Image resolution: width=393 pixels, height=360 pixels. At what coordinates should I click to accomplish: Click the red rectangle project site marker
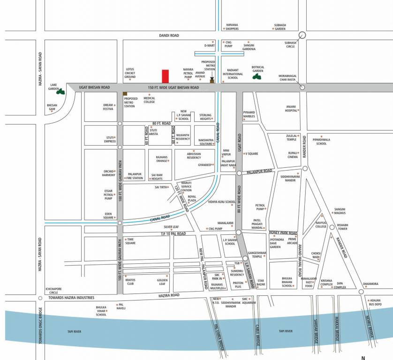pos(165,76)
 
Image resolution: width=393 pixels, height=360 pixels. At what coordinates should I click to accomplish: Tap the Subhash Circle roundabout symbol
pos(302,35)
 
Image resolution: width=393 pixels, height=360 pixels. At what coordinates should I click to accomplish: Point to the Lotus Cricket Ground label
pos(130,73)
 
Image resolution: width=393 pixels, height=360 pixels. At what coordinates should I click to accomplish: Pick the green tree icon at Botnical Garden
pos(257,75)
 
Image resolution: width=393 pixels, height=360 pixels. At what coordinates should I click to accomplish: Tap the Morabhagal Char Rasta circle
pos(302,87)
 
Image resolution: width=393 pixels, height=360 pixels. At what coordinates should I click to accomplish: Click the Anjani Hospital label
pos(291,108)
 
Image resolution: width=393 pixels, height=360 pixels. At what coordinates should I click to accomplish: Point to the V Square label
pos(252,154)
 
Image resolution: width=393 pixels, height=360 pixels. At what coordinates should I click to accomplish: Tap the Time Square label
pos(130,241)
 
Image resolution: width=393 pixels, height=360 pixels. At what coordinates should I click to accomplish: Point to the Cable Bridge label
pos(257,335)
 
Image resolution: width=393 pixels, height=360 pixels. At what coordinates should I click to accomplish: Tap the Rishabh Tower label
pos(342,227)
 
